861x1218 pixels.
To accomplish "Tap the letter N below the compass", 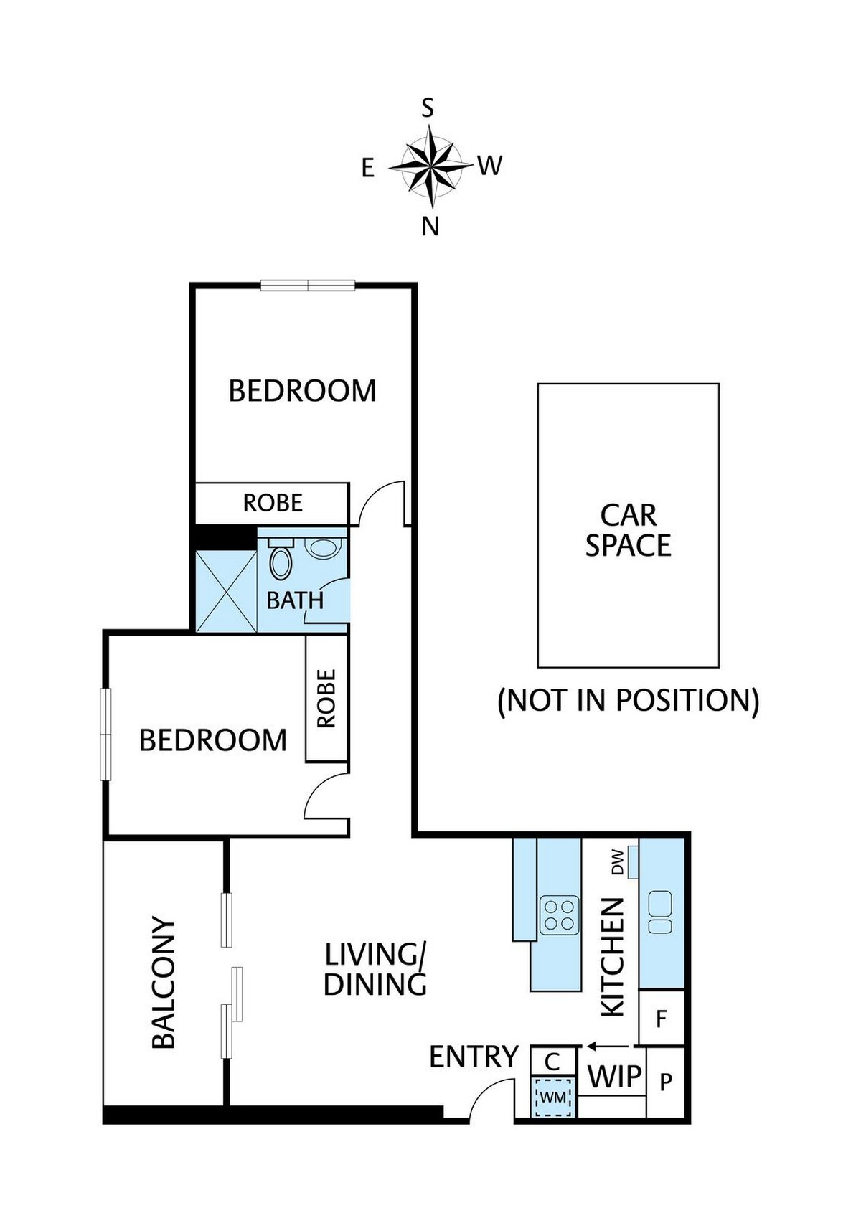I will (430, 227).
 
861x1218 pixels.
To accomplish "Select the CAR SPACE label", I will (629, 531).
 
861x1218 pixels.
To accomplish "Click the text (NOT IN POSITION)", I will (629, 700).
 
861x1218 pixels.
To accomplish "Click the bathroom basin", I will (323, 548).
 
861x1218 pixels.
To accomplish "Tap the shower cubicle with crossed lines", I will (226, 591).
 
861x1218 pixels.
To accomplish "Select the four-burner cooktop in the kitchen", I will (560, 915).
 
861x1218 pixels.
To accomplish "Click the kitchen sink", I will (660, 912).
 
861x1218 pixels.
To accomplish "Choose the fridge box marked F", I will (662, 1018).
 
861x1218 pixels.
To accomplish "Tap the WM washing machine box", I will (552, 1097).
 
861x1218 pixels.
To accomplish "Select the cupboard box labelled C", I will (552, 1060).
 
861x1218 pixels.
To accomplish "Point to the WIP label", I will (614, 1077).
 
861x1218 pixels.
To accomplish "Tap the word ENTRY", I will (474, 1057).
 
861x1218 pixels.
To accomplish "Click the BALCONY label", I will (164, 983).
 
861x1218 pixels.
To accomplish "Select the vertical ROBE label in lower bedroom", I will (326, 699).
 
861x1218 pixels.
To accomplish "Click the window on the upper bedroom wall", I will (308, 285).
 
